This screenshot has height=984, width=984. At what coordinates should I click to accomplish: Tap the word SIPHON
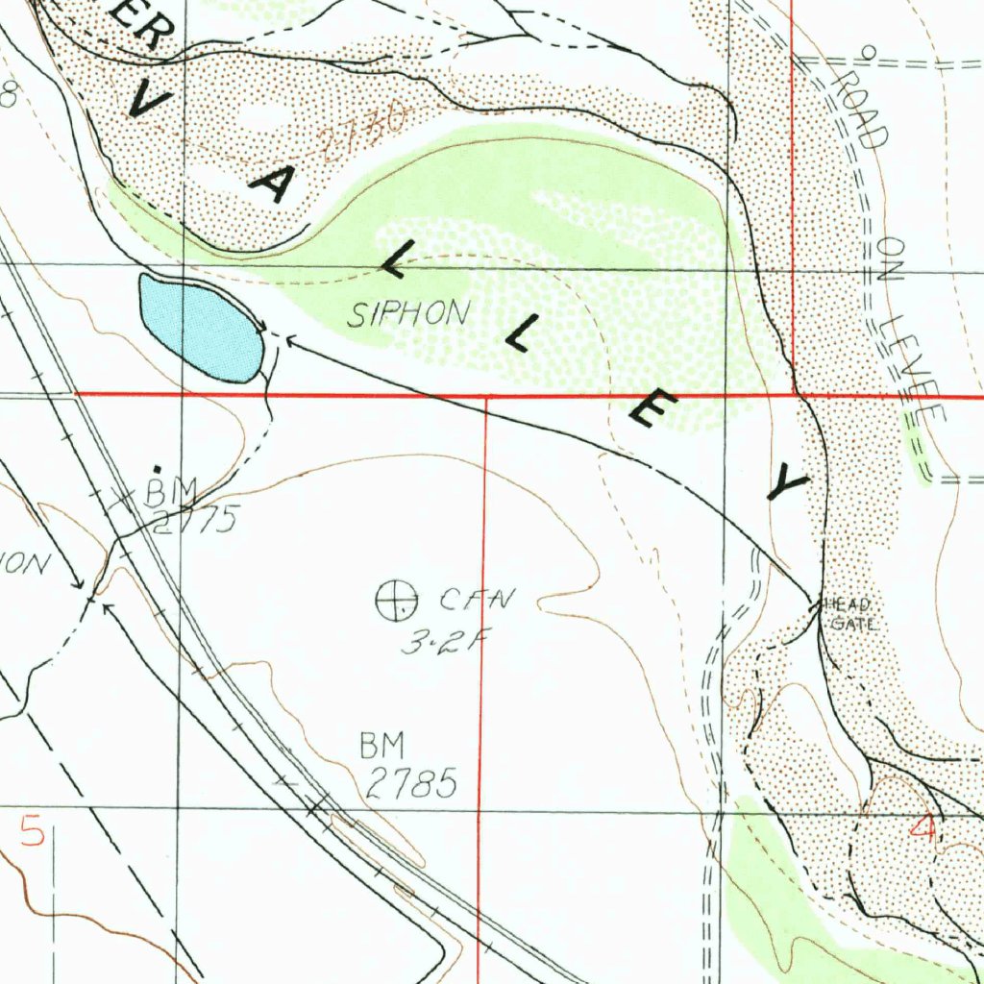pyautogui.click(x=409, y=314)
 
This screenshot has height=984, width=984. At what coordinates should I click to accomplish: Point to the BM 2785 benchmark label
pyautogui.click(x=407, y=766)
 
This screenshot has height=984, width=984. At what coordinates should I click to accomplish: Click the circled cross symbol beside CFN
pyautogui.click(x=396, y=601)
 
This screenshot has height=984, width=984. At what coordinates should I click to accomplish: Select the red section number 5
pyautogui.click(x=32, y=830)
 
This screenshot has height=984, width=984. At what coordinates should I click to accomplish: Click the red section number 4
pyautogui.click(x=924, y=827)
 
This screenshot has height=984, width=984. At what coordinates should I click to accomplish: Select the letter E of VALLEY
pyautogui.click(x=646, y=411)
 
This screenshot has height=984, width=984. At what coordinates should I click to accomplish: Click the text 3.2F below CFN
pyautogui.click(x=438, y=642)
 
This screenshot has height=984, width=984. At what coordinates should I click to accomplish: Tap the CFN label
pyautogui.click(x=477, y=601)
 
